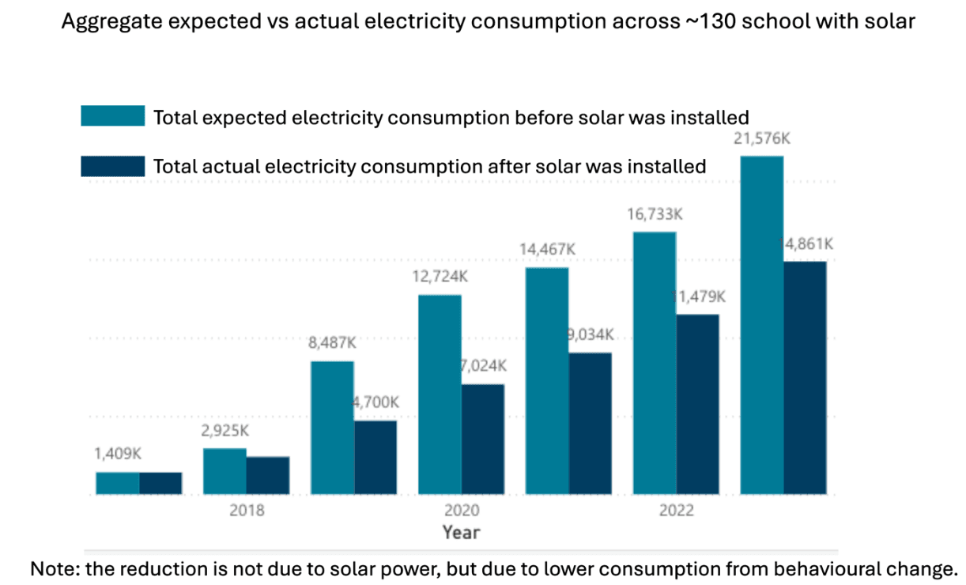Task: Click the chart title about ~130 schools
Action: click(x=488, y=21)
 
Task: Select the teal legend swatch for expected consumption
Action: click(x=112, y=115)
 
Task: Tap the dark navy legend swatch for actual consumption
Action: click(x=112, y=165)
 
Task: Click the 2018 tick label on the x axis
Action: click(x=247, y=511)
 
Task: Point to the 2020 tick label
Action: click(x=461, y=511)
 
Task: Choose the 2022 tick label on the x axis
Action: click(x=676, y=511)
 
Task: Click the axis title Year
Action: click(x=461, y=532)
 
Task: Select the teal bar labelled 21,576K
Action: click(x=761, y=324)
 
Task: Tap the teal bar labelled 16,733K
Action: click(x=655, y=363)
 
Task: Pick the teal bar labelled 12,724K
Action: click(x=440, y=394)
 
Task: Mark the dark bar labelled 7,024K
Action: click(x=483, y=439)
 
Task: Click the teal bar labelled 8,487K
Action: click(x=332, y=428)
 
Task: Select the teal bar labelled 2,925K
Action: click(x=225, y=471)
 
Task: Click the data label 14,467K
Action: click(x=547, y=249)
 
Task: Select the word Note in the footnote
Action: click(x=48, y=568)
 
